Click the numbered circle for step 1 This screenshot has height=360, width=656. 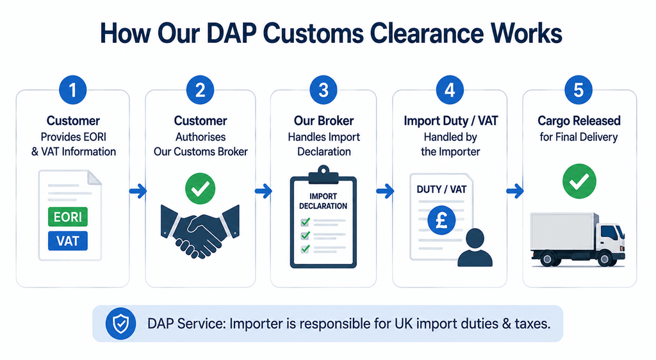pyautogui.click(x=73, y=90)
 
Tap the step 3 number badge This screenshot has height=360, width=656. pyautogui.click(x=324, y=90)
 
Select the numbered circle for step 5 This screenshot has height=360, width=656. pyautogui.click(x=578, y=90)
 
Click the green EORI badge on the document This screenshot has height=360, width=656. pyautogui.click(x=68, y=217)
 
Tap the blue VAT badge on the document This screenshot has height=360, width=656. pyautogui.click(x=68, y=241)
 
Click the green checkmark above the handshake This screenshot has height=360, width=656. pyautogui.click(x=201, y=188)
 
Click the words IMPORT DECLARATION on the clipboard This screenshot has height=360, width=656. pyautogui.click(x=323, y=201)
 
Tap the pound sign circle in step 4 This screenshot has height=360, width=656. pyautogui.click(x=441, y=220)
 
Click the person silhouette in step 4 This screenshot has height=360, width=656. pyautogui.click(x=475, y=247)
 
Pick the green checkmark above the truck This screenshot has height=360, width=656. pyautogui.click(x=579, y=181)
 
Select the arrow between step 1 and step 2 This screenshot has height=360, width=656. pyautogui.click(x=138, y=191)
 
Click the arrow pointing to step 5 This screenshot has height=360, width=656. pyautogui.click(x=515, y=191)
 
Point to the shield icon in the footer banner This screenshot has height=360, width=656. pyautogui.click(x=121, y=323)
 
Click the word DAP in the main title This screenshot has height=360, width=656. pyautogui.click(x=231, y=33)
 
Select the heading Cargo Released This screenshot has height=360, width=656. pyautogui.click(x=579, y=121)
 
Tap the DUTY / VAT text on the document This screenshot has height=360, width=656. pyautogui.click(x=441, y=190)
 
